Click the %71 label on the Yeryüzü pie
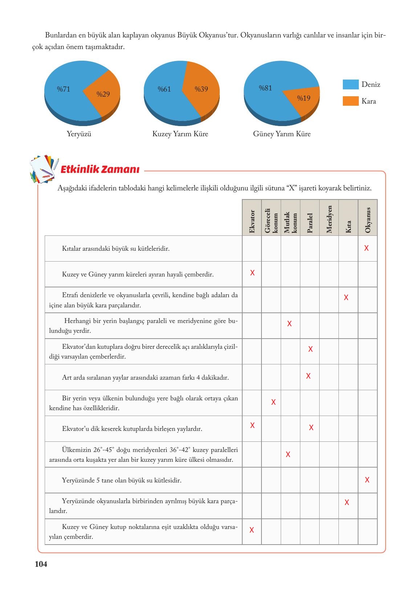point(64,89)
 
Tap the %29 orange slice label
point(103,94)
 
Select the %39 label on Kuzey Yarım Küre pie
point(201,89)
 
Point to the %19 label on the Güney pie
point(304,98)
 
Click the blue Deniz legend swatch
point(350,85)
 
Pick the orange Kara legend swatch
point(350,101)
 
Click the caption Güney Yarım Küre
point(282,134)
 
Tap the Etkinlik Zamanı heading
point(100,170)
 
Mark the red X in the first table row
point(366,248)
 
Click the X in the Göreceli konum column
point(273,402)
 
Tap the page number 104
point(41,564)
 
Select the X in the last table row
point(252,530)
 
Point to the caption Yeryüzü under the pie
point(79,134)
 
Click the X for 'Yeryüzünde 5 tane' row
point(367,480)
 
